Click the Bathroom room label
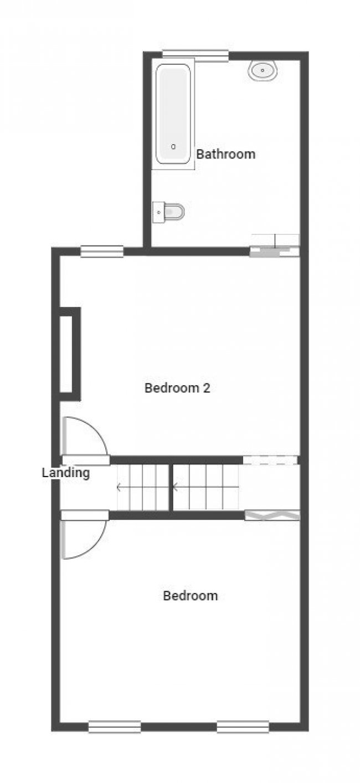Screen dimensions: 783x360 pos(226,154)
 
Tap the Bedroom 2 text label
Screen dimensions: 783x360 pos(177,388)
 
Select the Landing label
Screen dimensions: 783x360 pos(65,473)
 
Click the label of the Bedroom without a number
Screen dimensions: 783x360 pos(190,596)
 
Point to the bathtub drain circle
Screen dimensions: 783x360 pos(173,147)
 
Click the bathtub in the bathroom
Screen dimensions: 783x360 pos(173,114)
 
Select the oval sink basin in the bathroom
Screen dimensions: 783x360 pos(263,71)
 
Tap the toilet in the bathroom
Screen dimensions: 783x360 pos(169,211)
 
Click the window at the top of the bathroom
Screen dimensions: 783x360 pos(195,55)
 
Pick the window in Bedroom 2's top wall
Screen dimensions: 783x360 pos(102,252)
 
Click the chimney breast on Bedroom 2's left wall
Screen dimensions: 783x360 pos(70,354)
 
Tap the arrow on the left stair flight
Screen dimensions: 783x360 pos(120,488)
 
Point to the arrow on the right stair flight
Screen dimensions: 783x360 pos(176,488)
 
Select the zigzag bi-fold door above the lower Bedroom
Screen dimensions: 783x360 pos(272,515)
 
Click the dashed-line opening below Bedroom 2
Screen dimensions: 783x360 pos(270,460)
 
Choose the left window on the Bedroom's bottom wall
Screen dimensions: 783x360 pos(115,726)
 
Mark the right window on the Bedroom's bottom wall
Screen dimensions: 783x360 pos(243,726)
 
